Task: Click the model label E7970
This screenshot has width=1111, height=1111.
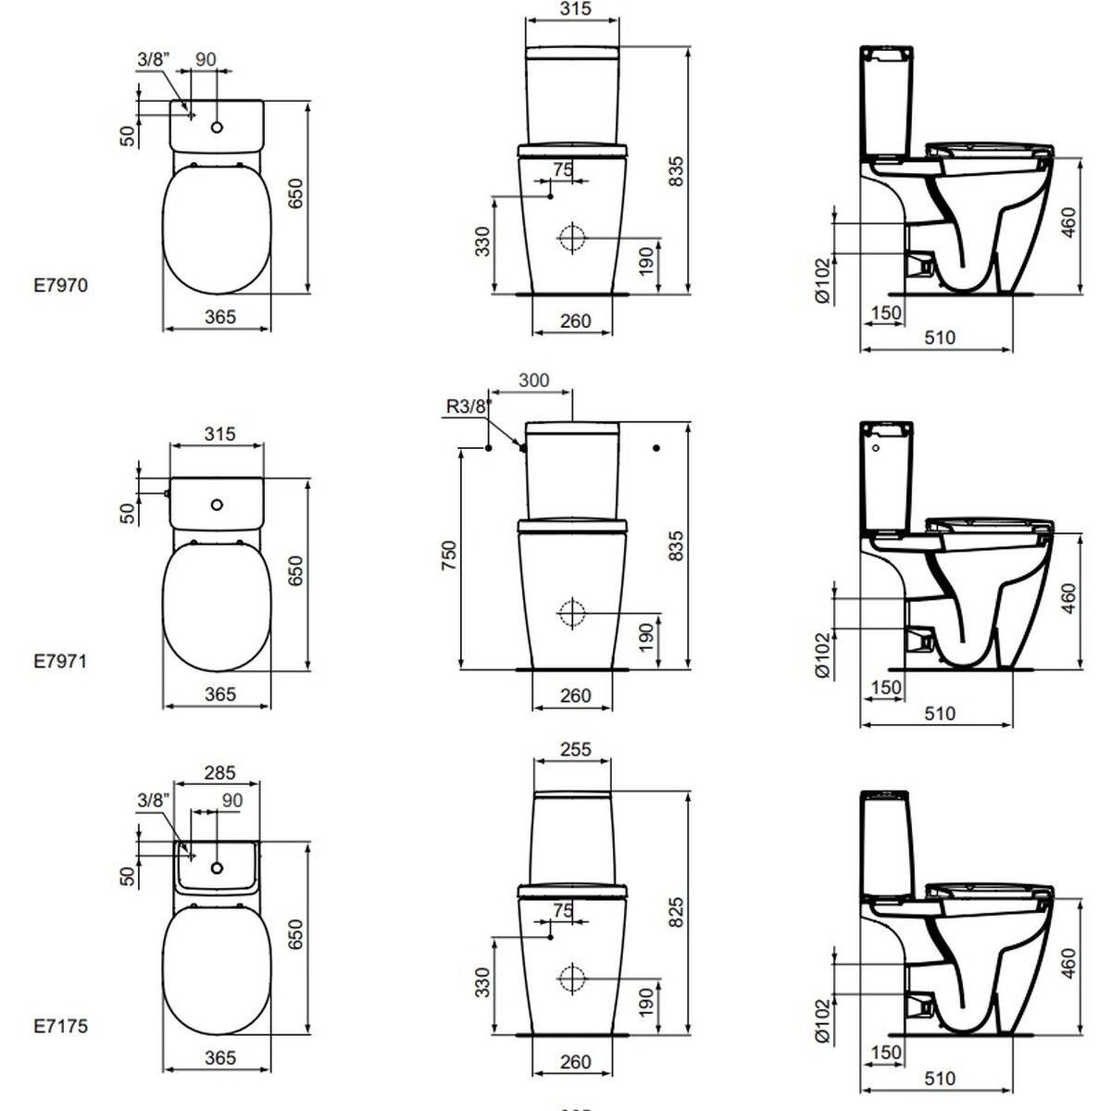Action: (61, 285)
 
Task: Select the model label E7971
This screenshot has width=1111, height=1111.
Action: (61, 661)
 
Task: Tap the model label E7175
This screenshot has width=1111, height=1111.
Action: (61, 1026)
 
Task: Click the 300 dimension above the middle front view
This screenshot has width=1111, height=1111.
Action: (534, 380)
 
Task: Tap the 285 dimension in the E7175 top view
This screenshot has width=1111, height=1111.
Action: (219, 771)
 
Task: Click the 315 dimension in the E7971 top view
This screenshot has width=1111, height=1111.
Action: (219, 432)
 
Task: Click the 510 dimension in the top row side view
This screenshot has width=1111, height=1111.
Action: (940, 337)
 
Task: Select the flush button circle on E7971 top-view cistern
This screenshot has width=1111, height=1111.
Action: (217, 505)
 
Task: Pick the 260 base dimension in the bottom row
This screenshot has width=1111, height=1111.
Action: (575, 1062)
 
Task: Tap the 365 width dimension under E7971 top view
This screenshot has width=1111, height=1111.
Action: (219, 693)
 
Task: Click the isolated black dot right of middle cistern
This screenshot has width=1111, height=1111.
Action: (656, 448)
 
